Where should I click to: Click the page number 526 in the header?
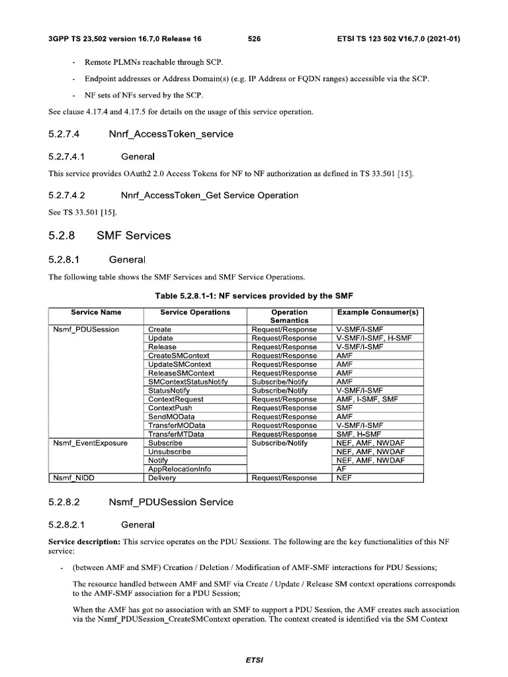coord(254,39)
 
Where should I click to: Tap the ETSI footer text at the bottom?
coord(254,660)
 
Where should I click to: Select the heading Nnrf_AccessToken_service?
coord(171,134)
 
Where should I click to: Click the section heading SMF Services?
coord(134,235)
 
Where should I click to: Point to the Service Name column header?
coord(97,312)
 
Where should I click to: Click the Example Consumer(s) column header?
coord(378,312)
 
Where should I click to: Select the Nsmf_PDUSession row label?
coord(86,329)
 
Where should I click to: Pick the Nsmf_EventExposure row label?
coord(90,443)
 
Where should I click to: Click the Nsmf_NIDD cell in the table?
coord(73,477)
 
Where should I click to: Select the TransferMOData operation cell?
coord(177,425)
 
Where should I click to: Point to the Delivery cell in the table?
coord(162,477)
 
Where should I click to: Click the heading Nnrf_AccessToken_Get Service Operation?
coord(210,195)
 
